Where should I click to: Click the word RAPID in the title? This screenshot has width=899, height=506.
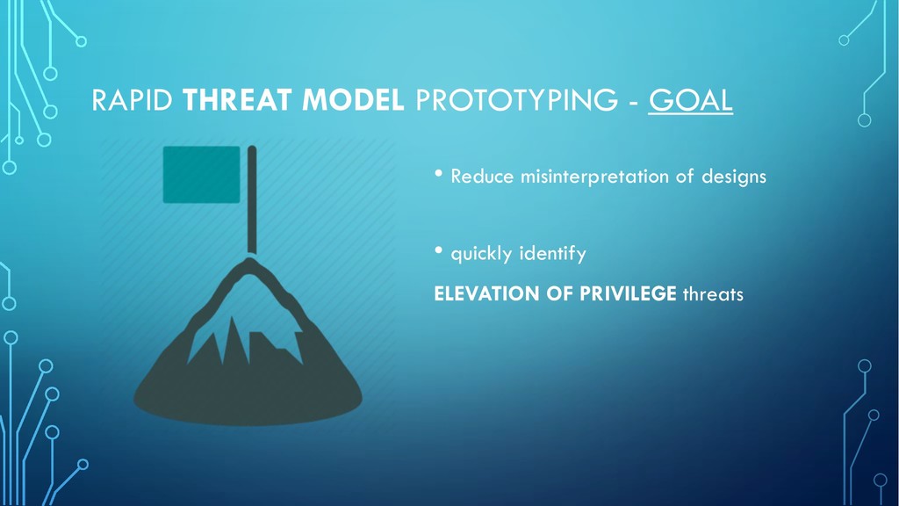pyautogui.click(x=133, y=100)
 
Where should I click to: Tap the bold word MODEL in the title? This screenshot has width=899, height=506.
pyautogui.click(x=353, y=100)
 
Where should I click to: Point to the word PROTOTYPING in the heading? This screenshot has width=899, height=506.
pyautogui.click(x=516, y=100)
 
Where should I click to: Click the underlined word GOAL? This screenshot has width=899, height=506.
pyautogui.click(x=690, y=100)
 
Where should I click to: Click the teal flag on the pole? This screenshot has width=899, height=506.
pyautogui.click(x=201, y=175)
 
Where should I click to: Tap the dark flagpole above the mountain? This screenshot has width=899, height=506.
pyautogui.click(x=252, y=199)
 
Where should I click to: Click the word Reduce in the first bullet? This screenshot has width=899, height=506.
pyautogui.click(x=482, y=176)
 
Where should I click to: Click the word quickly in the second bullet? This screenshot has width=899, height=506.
pyautogui.click(x=481, y=254)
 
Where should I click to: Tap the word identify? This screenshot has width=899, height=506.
pyautogui.click(x=553, y=254)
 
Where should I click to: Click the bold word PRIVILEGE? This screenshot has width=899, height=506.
pyautogui.click(x=628, y=293)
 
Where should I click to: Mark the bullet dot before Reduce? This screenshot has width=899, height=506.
pyautogui.click(x=439, y=173)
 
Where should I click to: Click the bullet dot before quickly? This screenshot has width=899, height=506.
pyautogui.click(x=439, y=250)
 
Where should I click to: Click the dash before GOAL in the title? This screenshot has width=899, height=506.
pyautogui.click(x=633, y=103)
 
